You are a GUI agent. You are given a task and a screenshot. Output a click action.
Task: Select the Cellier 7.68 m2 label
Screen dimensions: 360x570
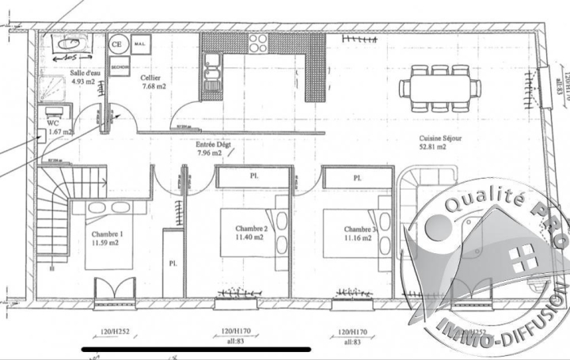pyautogui.click(x=154, y=81)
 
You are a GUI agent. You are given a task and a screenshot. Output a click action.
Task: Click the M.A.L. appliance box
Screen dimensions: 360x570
pyautogui.click(x=139, y=44)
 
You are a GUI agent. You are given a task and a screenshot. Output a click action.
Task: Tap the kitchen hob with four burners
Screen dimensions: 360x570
pyautogui.click(x=260, y=43)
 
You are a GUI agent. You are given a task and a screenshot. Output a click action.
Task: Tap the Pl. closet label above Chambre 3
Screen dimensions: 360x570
pyautogui.click(x=357, y=177)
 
